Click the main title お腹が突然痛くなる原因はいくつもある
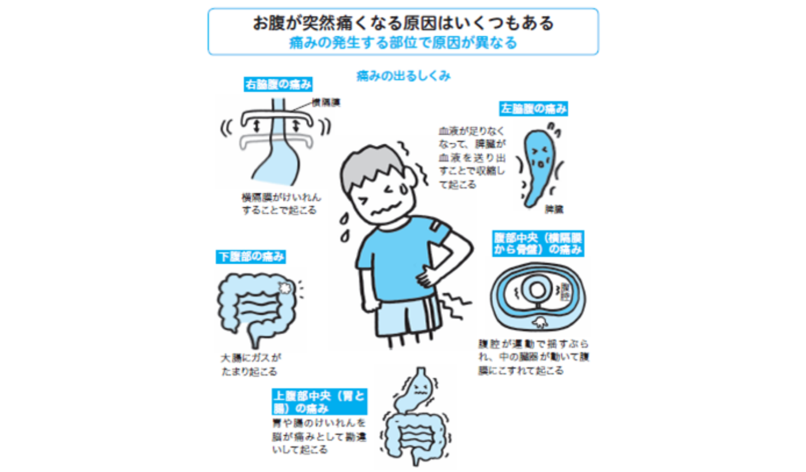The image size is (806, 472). tap(403, 23)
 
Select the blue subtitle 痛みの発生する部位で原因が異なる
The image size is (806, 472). tap(403, 43)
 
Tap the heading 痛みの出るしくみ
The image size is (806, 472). tap(403, 76)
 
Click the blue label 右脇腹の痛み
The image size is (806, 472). tap(278, 85)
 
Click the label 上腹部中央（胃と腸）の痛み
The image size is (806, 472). tap(320, 402)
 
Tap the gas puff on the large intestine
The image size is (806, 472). tap(285, 287)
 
